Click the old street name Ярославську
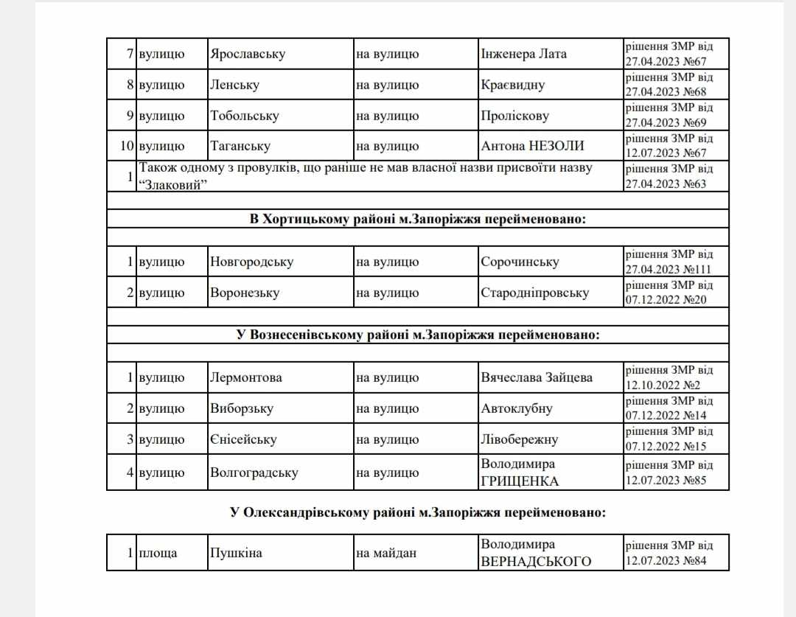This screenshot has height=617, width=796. tap(248, 54)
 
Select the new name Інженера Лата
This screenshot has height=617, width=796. tap(524, 54)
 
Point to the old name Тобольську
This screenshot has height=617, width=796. tap(242, 116)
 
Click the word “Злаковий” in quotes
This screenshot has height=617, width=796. tap(172, 184)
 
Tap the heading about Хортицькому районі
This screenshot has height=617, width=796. tap(417, 219)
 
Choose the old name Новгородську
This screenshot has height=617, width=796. tap(251, 262)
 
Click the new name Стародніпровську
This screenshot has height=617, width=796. tap(534, 293)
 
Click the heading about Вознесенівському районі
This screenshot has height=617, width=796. tap(417, 335)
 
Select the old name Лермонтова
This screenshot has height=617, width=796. tap(246, 377)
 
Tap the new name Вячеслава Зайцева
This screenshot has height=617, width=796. tap(537, 377)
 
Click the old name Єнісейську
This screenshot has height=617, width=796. tap(243, 439)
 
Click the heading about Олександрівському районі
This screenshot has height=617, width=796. tap(417, 513)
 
